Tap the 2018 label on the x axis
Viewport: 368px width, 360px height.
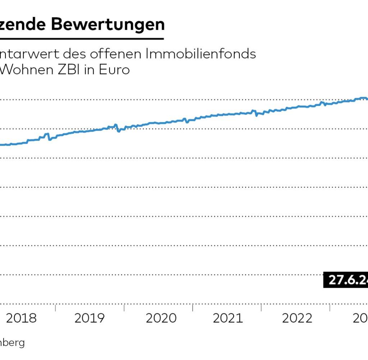coord(22,318)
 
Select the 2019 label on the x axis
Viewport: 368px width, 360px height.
coord(90,318)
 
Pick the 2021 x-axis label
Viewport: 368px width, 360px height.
coord(228,318)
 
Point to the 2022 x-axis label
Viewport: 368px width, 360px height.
coord(297,318)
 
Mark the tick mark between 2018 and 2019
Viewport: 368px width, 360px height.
coord(55,308)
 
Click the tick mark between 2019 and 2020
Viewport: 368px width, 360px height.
coord(124,308)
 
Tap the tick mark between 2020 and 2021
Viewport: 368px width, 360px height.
coord(193,308)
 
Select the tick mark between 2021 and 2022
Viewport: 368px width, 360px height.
coord(262,308)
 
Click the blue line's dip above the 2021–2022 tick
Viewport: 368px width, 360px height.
coord(256,115)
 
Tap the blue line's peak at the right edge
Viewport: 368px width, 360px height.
coord(362,98)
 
